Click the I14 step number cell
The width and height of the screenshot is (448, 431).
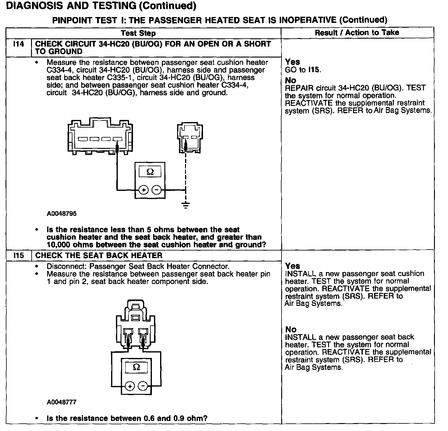pos(19,44)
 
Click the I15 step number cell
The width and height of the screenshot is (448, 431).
pos(19,255)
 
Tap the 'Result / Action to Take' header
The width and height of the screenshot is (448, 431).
pos(357,33)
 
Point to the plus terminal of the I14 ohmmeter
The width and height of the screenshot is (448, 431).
pos(144,190)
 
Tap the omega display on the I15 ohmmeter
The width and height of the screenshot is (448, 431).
pos(136,367)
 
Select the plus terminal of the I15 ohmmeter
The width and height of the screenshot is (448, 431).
pos(130,387)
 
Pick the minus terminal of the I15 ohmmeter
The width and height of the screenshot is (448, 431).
pos(143,387)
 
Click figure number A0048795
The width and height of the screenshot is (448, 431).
pos(61,214)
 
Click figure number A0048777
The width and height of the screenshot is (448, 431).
pos(61,402)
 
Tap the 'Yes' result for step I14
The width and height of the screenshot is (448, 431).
pos(292,62)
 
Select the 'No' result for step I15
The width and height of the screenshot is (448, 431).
pos(291,329)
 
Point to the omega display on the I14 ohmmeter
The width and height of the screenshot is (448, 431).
pos(150,172)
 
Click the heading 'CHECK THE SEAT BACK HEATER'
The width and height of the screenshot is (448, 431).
pos(99,255)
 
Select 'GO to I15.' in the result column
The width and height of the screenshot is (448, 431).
pos(303,70)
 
